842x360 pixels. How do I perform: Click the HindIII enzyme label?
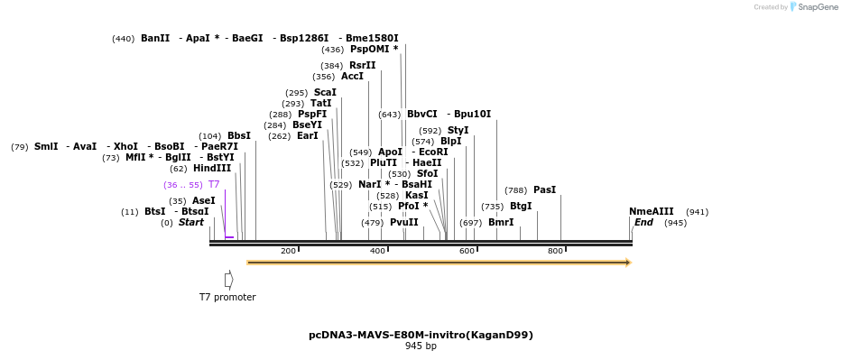tap(212, 169)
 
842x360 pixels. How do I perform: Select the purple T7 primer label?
tap(214, 184)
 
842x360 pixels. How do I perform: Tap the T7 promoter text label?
tap(227, 297)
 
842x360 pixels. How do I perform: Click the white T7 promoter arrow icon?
tap(228, 281)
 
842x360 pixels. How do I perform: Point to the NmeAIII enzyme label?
tap(651, 212)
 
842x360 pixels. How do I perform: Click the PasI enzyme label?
tap(544, 190)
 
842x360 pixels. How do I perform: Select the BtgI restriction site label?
tap(521, 207)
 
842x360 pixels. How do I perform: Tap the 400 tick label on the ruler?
tap(377, 251)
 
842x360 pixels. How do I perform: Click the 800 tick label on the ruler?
tap(555, 251)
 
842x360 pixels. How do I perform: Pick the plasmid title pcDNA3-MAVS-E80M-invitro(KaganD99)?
tap(421, 335)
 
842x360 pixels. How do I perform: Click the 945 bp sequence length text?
tap(421, 346)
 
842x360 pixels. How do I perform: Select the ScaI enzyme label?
tap(325, 93)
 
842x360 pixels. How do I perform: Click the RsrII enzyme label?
tap(362, 66)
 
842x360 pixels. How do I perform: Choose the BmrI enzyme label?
tap(501, 223)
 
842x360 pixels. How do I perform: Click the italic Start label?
tap(191, 223)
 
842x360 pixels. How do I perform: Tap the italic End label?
tap(643, 223)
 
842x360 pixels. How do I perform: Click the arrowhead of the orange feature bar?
tap(628, 263)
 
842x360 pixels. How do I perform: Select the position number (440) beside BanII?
tap(123, 39)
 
